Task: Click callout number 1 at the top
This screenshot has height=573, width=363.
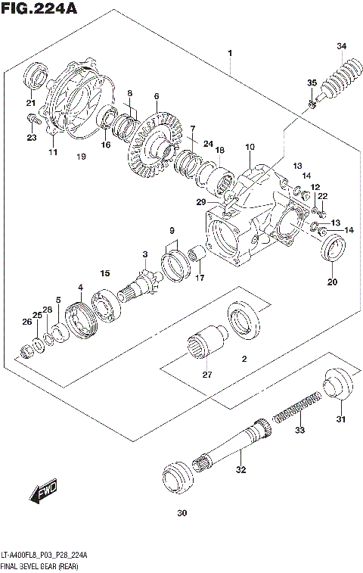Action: tap(229, 52)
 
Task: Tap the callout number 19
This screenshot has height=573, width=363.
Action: tap(81, 157)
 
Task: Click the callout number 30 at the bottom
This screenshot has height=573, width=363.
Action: tap(180, 514)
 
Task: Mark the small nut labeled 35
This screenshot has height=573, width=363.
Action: tap(311, 103)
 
